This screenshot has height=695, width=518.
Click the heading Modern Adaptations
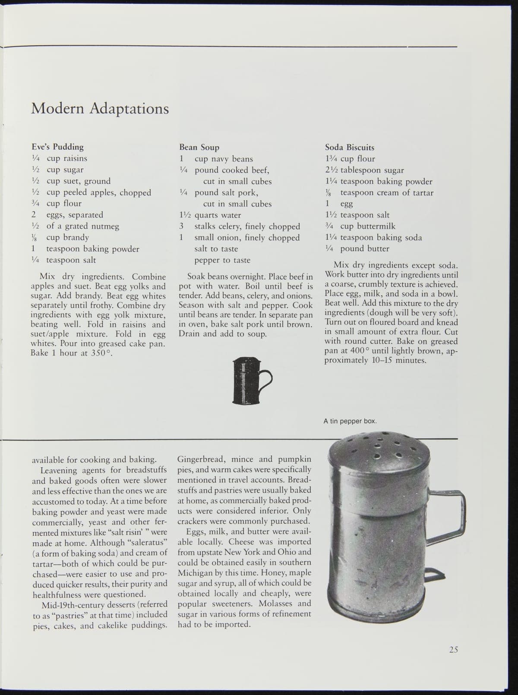[100, 108]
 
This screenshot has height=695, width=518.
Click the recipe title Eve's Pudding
[57, 147]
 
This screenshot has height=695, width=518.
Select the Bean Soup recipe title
[199, 147]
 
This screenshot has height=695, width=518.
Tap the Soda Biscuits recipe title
[349, 147]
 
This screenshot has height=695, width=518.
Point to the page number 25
[453, 649]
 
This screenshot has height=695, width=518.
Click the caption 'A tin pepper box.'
[350, 421]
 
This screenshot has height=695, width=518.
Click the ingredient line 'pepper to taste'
[222, 260]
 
